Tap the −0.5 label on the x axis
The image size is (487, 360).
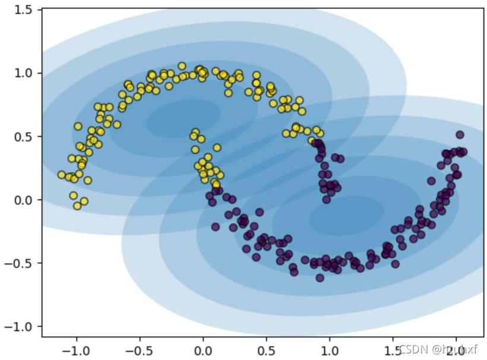pos(140,350)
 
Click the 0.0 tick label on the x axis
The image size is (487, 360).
pos(203,350)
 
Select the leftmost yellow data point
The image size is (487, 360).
pos(62,175)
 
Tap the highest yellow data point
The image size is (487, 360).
pos(182,67)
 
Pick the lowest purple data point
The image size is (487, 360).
pos(320,277)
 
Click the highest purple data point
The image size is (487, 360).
pos(460,135)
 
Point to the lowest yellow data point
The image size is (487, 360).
pos(77,206)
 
